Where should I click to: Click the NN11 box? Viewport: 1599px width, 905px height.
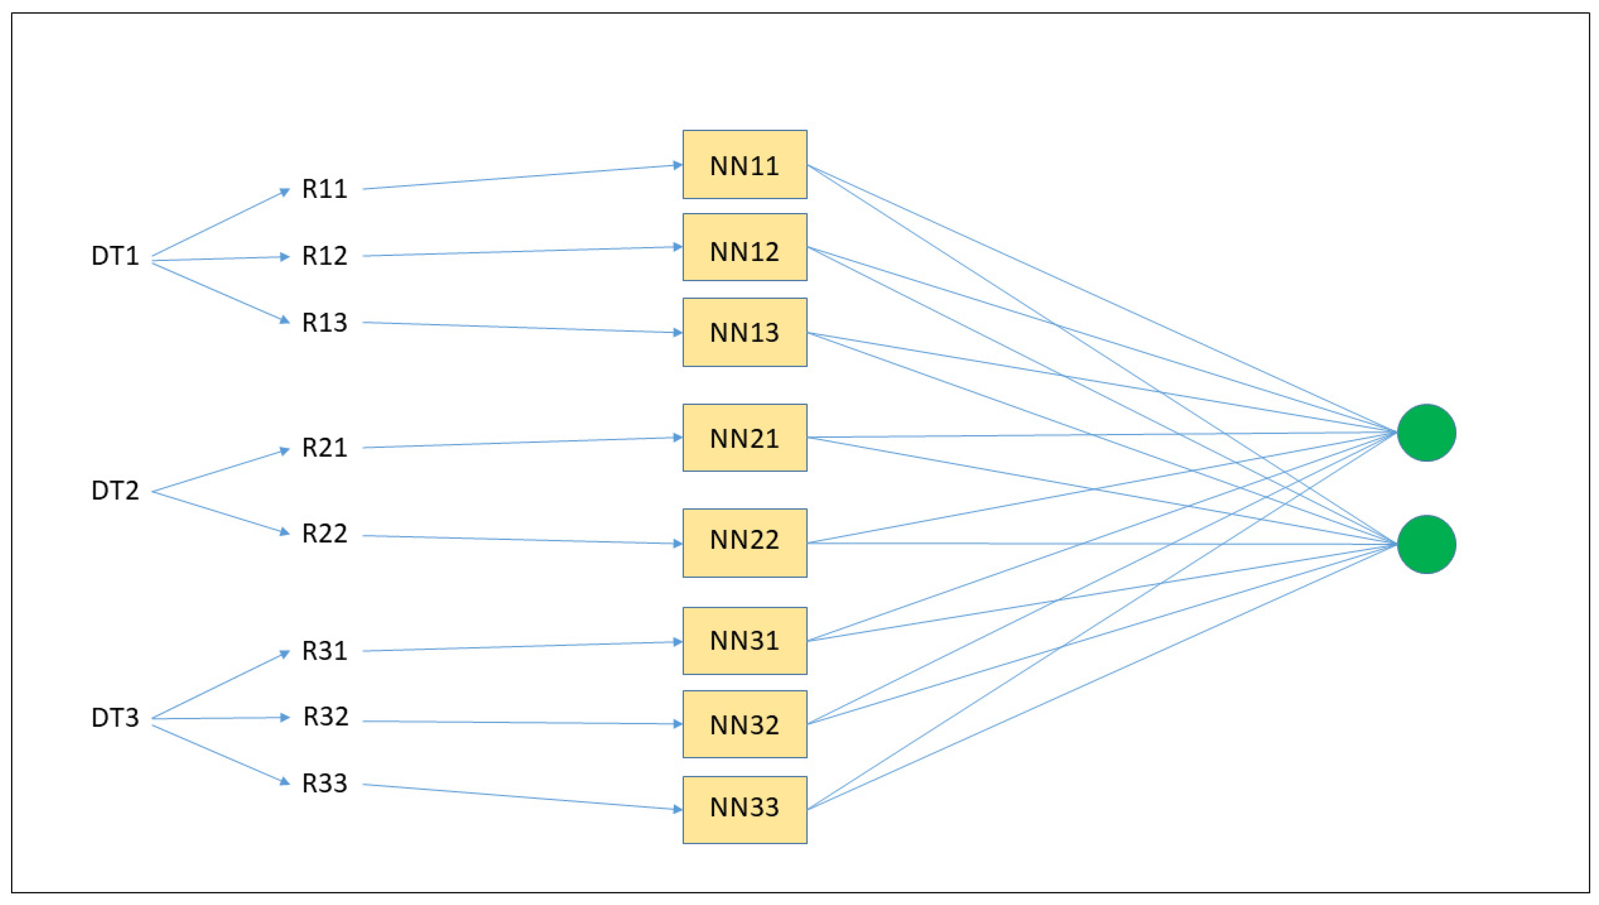[x=744, y=165]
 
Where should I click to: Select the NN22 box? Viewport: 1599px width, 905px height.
[x=744, y=543]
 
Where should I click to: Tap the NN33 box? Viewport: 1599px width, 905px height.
[x=744, y=809]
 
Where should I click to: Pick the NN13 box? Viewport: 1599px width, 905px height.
[x=744, y=332]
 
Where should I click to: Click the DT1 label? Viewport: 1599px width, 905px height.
[x=115, y=256]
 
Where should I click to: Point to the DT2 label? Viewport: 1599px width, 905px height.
[x=115, y=491]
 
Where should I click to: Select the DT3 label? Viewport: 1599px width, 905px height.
[x=115, y=718]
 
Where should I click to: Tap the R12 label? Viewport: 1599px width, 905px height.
[x=325, y=256]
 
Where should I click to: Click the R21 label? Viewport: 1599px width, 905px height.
[x=325, y=448]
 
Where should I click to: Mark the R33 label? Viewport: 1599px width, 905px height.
[x=325, y=783]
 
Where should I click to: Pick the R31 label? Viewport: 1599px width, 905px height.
[x=325, y=651]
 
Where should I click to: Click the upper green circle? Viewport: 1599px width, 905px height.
[x=1426, y=433]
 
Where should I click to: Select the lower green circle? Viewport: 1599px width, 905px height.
[x=1426, y=544]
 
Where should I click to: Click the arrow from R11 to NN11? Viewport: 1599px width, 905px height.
[x=522, y=177]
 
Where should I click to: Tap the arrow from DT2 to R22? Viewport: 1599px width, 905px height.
[x=221, y=512]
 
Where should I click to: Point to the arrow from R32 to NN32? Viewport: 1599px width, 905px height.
[x=522, y=722]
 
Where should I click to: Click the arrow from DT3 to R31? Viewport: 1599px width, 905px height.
[x=221, y=685]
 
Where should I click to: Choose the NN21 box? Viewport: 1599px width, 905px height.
[x=744, y=438]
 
